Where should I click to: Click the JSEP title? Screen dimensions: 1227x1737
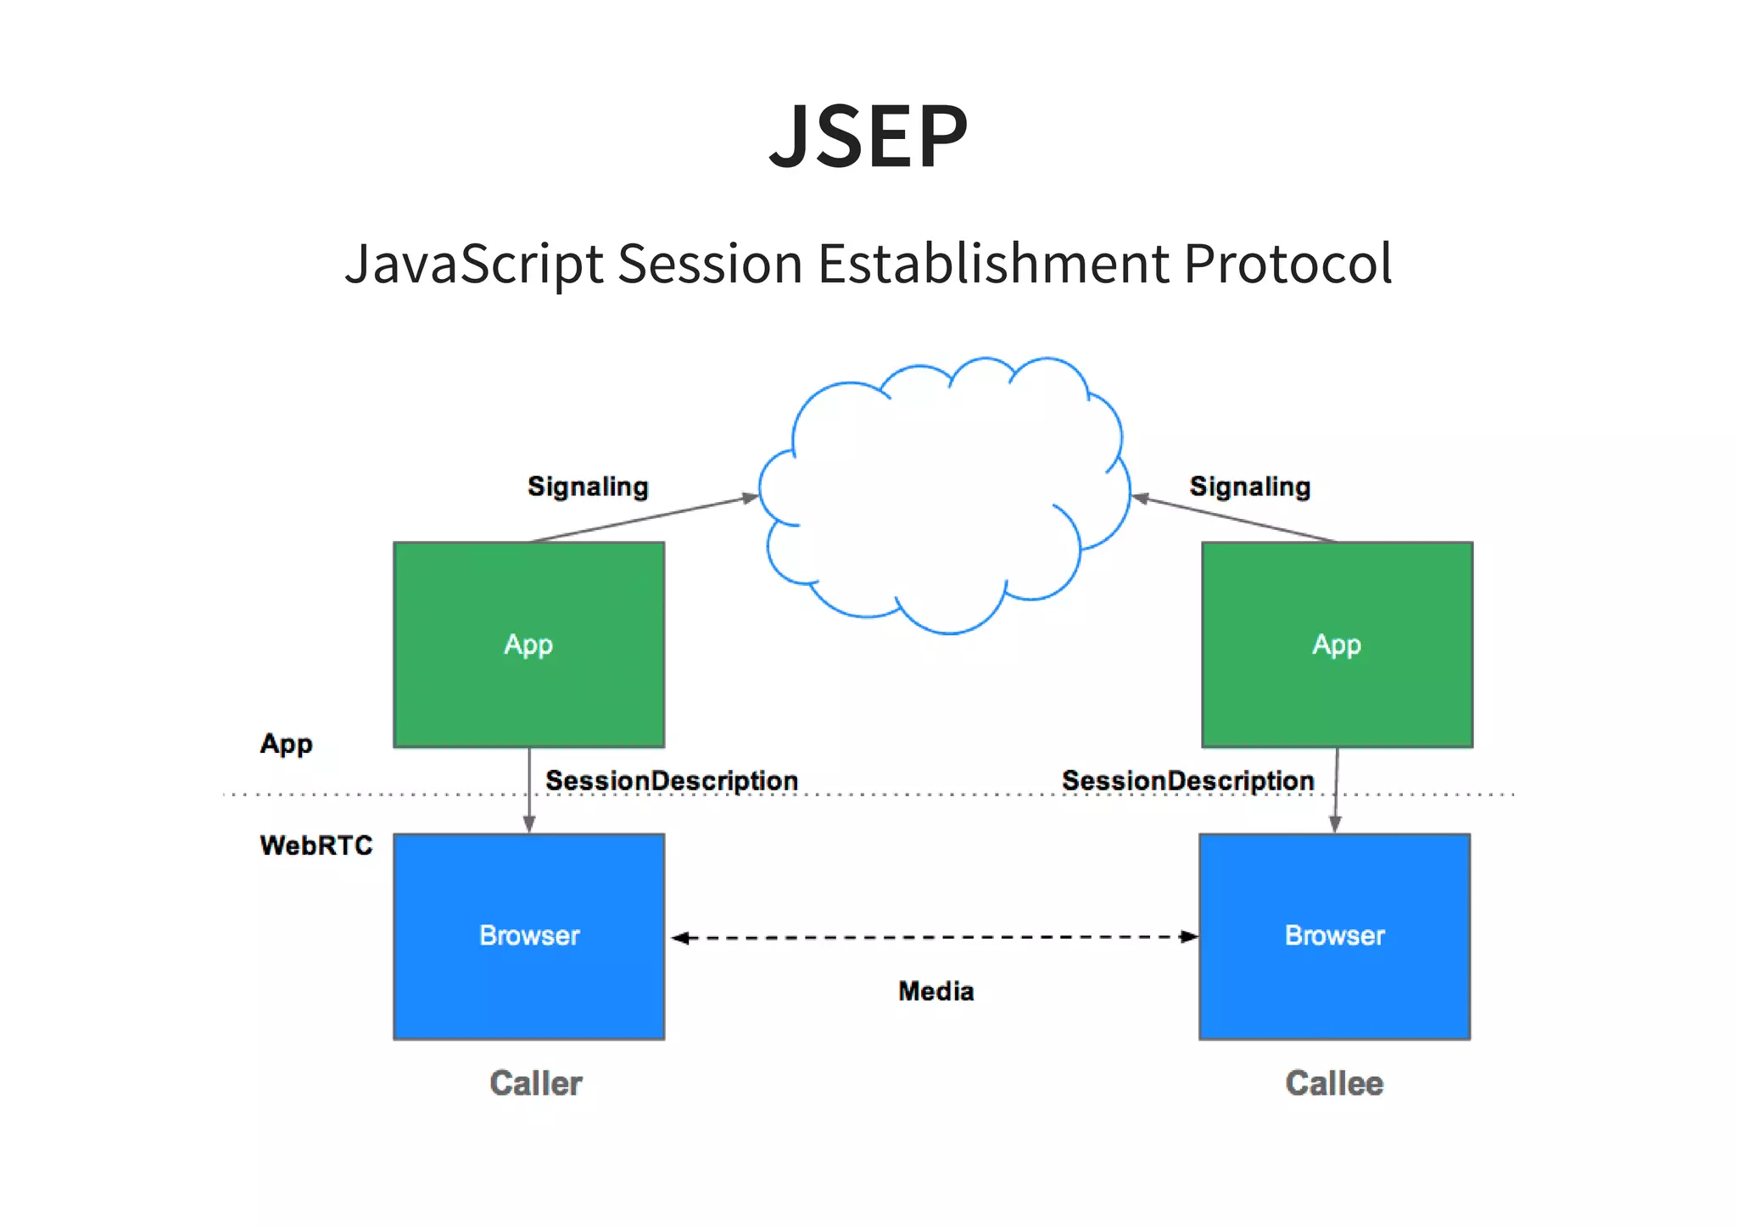[868, 137]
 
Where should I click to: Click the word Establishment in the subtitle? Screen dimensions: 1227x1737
[993, 263]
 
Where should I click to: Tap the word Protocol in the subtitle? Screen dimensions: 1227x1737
[1287, 263]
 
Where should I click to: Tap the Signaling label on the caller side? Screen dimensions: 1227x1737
[588, 487]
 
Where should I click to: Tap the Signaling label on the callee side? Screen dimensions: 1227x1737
[1249, 487]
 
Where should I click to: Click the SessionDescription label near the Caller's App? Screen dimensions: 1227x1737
[671, 780]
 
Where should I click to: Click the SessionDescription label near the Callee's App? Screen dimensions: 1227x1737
[1187, 780]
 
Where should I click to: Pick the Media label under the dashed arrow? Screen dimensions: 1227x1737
[936, 990]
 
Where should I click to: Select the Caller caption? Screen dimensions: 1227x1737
[535, 1084]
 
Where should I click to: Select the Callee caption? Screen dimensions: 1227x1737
[1334, 1084]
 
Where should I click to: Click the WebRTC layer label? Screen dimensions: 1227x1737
[316, 845]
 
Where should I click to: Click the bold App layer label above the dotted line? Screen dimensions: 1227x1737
[286, 744]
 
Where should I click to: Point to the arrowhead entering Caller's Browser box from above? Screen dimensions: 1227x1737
[528, 823]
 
